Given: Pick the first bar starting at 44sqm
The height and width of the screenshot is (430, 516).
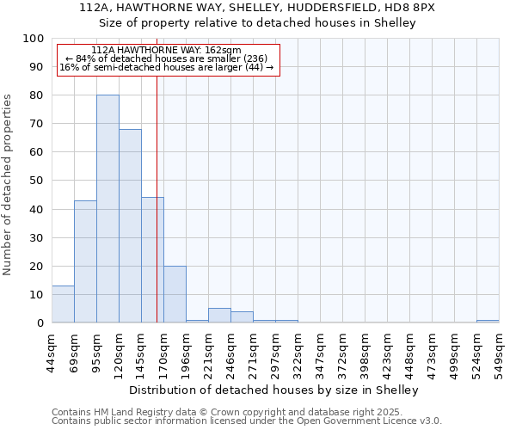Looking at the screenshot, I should tap(63, 304).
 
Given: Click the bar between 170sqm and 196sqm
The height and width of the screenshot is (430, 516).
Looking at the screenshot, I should tap(175, 294).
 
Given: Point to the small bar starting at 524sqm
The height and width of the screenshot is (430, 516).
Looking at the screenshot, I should tap(488, 321).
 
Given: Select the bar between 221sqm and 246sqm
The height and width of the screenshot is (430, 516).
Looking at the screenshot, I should tap(219, 316).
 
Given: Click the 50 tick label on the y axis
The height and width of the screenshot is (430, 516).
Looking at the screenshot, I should tap(37, 181).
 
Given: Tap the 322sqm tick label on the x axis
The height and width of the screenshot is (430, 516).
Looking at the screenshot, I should tap(298, 353).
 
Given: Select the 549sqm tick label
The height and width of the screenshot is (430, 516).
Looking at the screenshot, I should tap(499, 353).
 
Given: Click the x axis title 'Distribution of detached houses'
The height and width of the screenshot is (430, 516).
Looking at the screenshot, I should tap(275, 390).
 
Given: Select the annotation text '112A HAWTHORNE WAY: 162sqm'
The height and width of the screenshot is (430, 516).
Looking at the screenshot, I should tap(166, 51).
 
